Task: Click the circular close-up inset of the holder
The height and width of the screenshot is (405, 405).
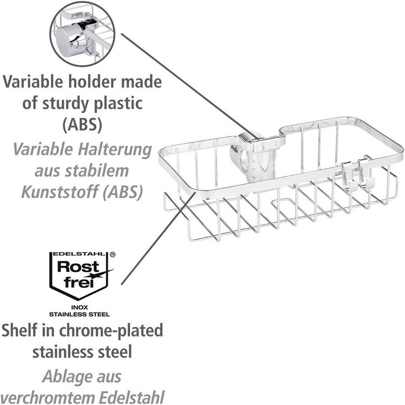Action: (x=82, y=34)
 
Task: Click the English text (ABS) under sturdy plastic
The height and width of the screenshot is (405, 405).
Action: (x=82, y=125)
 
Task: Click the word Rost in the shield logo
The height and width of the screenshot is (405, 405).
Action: (x=75, y=266)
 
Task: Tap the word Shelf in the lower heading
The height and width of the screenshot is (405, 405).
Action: (x=20, y=331)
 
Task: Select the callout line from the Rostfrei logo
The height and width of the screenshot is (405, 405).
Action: (x=157, y=238)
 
